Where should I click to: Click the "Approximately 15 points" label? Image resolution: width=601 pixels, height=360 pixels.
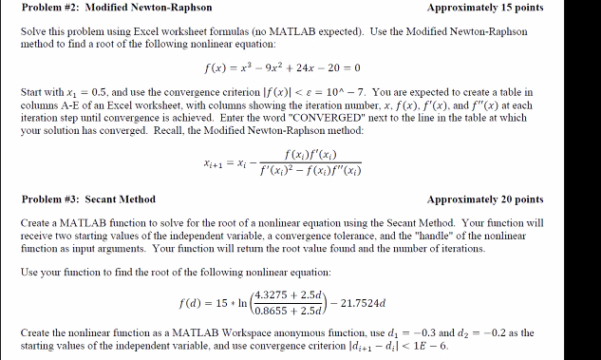(x=485, y=8)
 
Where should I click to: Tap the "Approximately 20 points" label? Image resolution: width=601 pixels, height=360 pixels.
(x=485, y=199)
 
